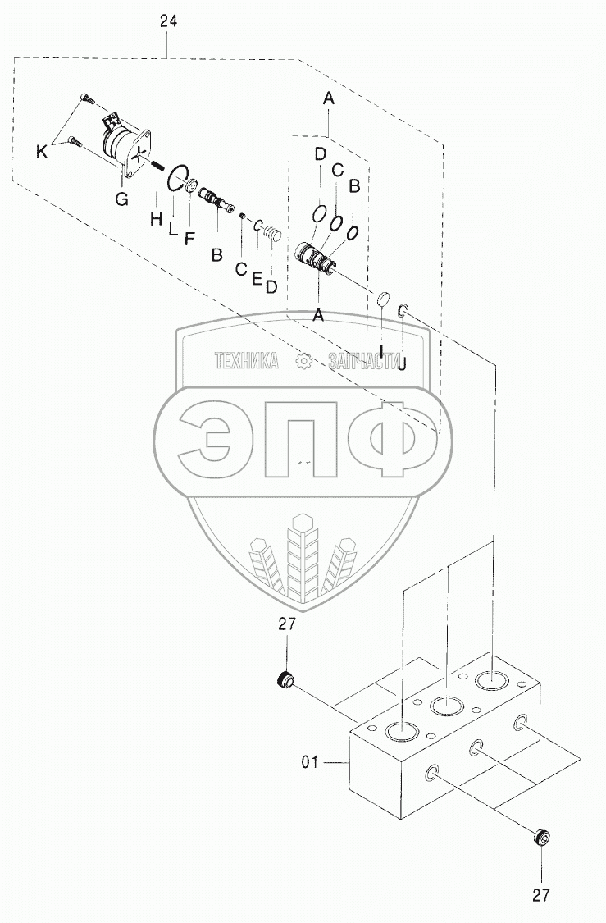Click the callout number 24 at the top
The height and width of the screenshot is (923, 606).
[168, 23]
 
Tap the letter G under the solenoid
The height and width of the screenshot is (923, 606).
[121, 198]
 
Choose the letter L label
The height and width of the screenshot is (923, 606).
[173, 231]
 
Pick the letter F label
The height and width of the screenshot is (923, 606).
[189, 240]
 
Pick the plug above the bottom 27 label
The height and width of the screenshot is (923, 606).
[540, 838]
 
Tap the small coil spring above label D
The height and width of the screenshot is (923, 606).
[271, 236]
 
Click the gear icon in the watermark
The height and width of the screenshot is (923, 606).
[303, 360]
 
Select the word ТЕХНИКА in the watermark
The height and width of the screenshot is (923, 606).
[247, 360]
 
